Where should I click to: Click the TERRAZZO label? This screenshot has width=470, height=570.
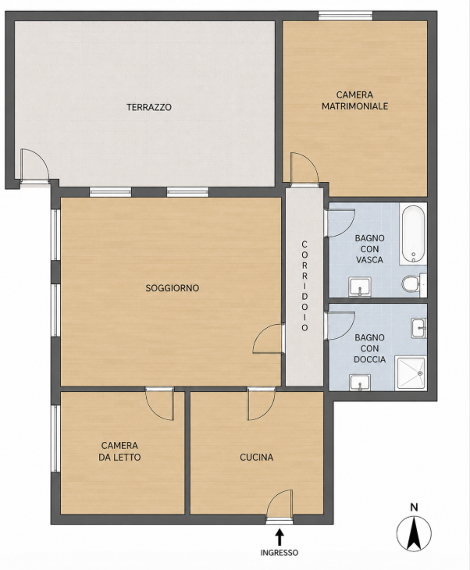[149, 107]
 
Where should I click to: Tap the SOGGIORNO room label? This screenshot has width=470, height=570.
[173, 288]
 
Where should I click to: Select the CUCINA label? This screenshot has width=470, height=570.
[257, 457]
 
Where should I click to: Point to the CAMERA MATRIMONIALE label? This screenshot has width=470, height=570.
[354, 100]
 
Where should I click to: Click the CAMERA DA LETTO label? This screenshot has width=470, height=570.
[119, 451]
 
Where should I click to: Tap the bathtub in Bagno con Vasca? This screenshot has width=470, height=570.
[413, 233]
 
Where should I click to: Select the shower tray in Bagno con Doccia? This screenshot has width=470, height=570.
[411, 373]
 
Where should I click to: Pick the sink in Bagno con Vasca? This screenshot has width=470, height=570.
[360, 287]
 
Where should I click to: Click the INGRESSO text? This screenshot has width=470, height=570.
[280, 553]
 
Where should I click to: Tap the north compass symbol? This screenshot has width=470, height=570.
[414, 533]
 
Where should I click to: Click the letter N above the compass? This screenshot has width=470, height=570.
[414, 507]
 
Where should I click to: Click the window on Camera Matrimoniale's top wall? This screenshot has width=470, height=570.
[345, 16]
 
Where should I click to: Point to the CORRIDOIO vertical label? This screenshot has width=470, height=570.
[304, 286]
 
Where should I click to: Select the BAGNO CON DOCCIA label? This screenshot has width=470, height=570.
[369, 348]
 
